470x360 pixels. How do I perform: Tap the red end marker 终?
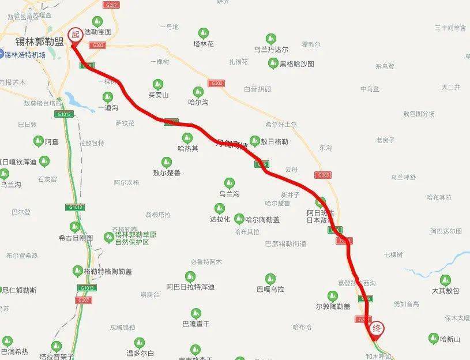377,328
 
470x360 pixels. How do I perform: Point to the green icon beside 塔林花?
203,33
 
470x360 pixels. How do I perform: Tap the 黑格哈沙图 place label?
297,64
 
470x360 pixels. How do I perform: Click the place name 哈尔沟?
198,102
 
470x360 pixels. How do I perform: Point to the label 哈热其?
187,148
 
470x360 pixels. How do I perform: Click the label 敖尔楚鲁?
167,172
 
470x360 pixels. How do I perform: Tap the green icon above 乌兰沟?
230,183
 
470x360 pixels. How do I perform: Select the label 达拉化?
220,219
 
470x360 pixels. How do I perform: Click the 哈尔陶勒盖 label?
262,219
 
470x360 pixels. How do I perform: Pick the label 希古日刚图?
76,237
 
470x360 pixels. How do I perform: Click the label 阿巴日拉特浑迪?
190,287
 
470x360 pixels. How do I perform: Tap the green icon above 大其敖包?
445,281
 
